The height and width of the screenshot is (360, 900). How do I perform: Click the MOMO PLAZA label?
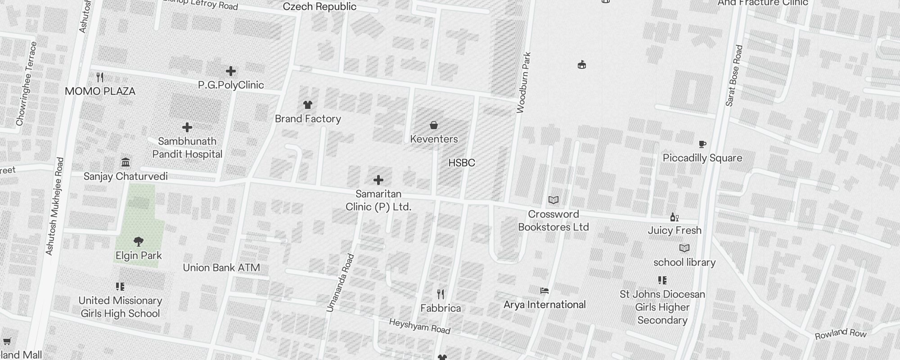point(100,91)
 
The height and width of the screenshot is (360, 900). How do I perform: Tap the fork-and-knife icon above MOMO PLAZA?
point(100,77)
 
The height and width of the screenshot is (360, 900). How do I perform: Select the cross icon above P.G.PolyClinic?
point(231,71)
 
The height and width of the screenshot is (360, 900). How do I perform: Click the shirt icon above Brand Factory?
point(308,105)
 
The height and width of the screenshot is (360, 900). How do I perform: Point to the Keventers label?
point(434,139)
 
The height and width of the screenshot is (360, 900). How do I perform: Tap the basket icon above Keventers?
point(434,125)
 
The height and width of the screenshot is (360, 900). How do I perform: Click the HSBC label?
point(462,163)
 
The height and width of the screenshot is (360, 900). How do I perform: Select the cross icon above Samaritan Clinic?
point(378,180)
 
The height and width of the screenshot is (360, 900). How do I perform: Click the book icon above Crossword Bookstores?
point(553,200)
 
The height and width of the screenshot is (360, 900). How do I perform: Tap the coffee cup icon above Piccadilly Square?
point(702,144)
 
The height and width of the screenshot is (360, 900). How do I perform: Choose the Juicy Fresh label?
point(675,230)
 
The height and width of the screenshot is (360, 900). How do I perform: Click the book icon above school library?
point(684,248)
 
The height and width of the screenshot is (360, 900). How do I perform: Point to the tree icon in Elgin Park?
point(139,242)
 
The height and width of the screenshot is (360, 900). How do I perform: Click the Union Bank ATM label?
point(221,268)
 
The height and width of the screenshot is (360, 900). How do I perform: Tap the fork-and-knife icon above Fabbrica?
point(441,294)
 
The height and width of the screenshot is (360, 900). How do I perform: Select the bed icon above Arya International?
point(544,291)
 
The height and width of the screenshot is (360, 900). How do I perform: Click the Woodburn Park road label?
point(524,83)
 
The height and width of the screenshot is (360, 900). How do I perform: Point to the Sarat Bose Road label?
point(734,76)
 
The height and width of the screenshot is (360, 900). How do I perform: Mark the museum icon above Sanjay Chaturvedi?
point(126,162)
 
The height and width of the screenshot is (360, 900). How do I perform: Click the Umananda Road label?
point(340,283)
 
